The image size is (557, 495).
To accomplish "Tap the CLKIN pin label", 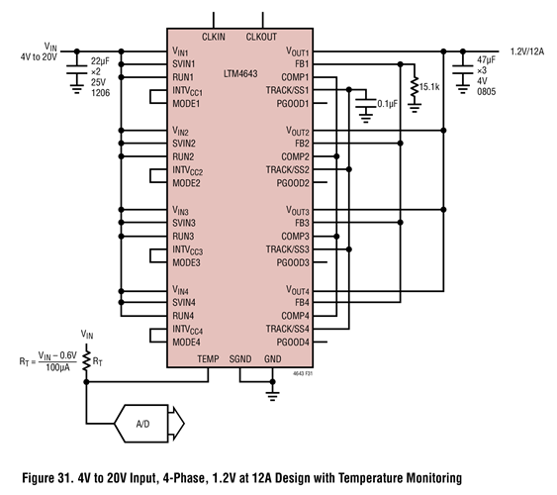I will [x=215, y=37].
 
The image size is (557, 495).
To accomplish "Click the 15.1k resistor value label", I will [x=429, y=87].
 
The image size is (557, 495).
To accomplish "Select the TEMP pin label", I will [x=208, y=357].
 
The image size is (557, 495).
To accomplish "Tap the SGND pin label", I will [x=241, y=357].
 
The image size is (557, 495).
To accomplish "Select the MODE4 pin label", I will [x=187, y=342].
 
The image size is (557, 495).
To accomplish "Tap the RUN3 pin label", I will [x=182, y=237].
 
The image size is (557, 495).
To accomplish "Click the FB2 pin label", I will [x=302, y=144].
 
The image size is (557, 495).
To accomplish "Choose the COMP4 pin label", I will [x=294, y=316].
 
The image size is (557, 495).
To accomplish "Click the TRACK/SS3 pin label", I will [x=287, y=249].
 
